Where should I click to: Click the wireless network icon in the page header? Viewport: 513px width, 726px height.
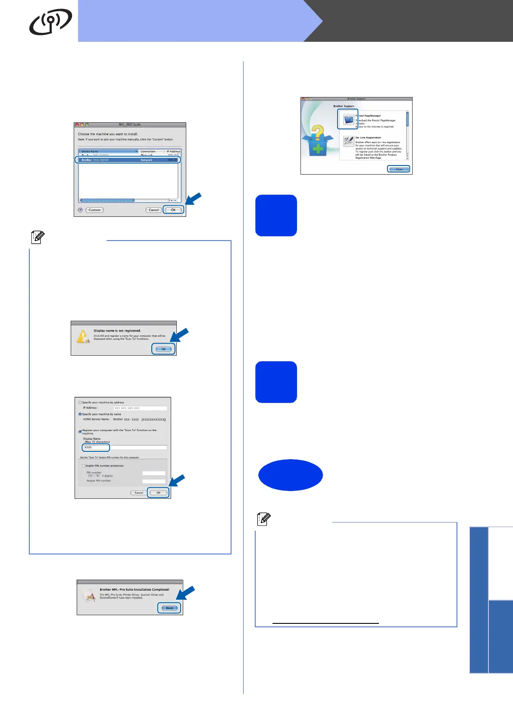pyautogui.click(x=50, y=22)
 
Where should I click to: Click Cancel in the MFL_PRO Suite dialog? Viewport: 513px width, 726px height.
pyautogui.click(x=153, y=210)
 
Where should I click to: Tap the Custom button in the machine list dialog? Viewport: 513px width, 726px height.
pyautogui.click(x=94, y=210)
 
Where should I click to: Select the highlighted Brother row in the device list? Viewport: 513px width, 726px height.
pyautogui.click(x=128, y=160)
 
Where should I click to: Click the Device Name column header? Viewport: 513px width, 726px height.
pyautogui.click(x=108, y=151)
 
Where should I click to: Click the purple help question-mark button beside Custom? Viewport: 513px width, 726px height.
pyautogui.click(x=80, y=210)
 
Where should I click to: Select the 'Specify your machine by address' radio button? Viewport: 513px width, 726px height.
pyautogui.click(x=80, y=402)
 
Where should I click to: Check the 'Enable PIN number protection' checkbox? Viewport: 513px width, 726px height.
pyautogui.click(x=83, y=466)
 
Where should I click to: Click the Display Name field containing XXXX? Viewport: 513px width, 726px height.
pyautogui.click(x=96, y=447)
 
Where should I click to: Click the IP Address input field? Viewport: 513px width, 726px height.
pyautogui.click(x=140, y=408)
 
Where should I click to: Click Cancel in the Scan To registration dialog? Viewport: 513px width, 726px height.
pyautogui.click(x=138, y=492)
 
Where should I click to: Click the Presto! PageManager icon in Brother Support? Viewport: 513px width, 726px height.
pyautogui.click(x=348, y=119)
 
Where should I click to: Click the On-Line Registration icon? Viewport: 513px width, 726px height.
pyautogui.click(x=348, y=141)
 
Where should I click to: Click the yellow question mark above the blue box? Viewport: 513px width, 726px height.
pyautogui.click(x=318, y=132)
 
